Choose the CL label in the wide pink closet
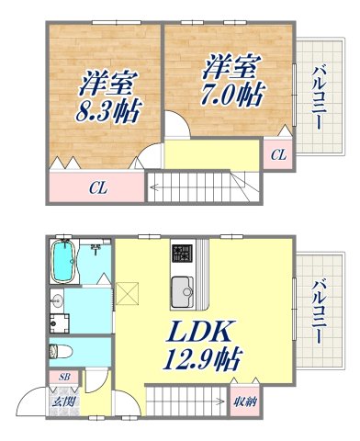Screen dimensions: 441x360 (96, 189)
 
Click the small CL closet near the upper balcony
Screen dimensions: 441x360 (277, 153)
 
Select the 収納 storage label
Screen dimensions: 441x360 (243, 401)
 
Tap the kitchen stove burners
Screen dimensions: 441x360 (179, 253)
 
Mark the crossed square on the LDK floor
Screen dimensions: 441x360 (128, 294)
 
